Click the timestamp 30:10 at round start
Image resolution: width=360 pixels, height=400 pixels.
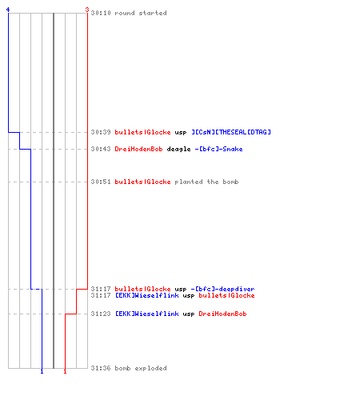click(x=101, y=13)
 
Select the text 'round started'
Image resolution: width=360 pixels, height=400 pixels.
click(x=141, y=13)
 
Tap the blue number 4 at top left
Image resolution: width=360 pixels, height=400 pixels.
click(x=8, y=10)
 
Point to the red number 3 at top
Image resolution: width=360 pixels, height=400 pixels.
click(x=87, y=10)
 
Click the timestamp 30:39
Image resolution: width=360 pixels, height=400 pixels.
click(x=101, y=132)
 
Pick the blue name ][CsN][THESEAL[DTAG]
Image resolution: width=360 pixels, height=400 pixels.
click(x=231, y=132)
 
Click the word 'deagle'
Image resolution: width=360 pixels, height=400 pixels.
click(x=178, y=149)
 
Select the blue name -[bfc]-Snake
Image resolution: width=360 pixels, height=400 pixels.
click(x=218, y=149)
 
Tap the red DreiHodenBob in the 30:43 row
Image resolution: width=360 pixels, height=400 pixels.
click(x=138, y=149)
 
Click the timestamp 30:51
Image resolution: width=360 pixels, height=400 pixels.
click(x=101, y=182)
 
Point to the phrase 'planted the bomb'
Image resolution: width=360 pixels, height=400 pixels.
click(x=206, y=182)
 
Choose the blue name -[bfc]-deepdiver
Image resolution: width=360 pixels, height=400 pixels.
click(x=222, y=289)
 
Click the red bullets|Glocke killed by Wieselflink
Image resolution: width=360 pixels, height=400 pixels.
click(x=226, y=295)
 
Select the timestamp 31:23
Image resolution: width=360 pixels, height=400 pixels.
click(x=101, y=314)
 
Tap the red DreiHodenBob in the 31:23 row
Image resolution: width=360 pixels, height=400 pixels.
click(x=222, y=314)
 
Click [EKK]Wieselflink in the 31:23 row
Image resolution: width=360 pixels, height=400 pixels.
click(x=147, y=314)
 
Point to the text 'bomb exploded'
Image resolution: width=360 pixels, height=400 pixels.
click(x=141, y=368)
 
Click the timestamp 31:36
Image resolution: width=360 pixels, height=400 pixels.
click(x=101, y=368)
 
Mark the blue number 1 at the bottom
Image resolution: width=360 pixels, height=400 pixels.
click(x=42, y=371)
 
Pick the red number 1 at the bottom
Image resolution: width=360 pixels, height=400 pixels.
click(x=65, y=371)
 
